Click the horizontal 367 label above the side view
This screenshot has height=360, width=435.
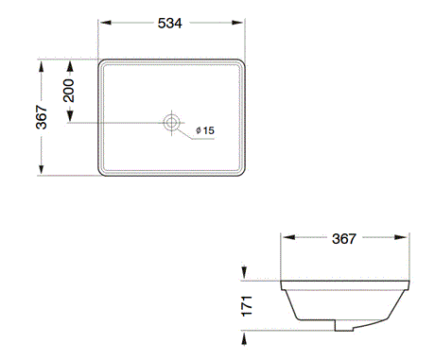[346, 239]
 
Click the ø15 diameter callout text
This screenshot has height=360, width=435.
[205, 129]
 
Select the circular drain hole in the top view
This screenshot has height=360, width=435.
[172, 122]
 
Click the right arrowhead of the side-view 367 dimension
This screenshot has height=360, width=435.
[408, 239]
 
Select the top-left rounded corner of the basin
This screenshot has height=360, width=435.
[103, 65]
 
